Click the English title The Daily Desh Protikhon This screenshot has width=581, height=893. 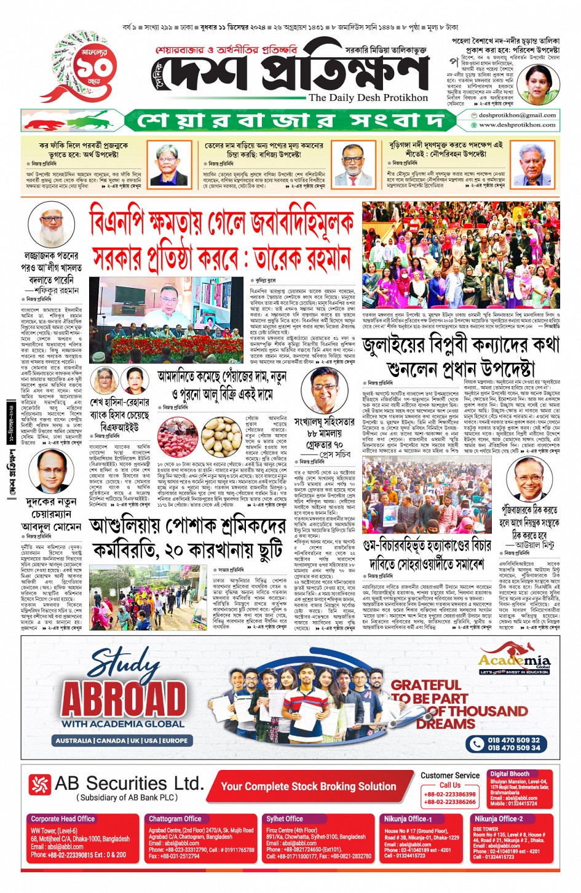368,97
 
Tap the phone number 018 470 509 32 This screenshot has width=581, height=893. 513,740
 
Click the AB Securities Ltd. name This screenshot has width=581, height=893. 129,784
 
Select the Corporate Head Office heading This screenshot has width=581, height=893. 63,819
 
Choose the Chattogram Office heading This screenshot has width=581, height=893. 175,819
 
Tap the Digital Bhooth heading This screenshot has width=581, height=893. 509,774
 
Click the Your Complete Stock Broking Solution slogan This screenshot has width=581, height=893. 309,787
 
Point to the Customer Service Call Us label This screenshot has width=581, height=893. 449,780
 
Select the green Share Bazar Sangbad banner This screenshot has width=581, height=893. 295,120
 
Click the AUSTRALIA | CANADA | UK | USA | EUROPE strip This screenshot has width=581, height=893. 121,740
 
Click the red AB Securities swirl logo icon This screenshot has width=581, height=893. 40,784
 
